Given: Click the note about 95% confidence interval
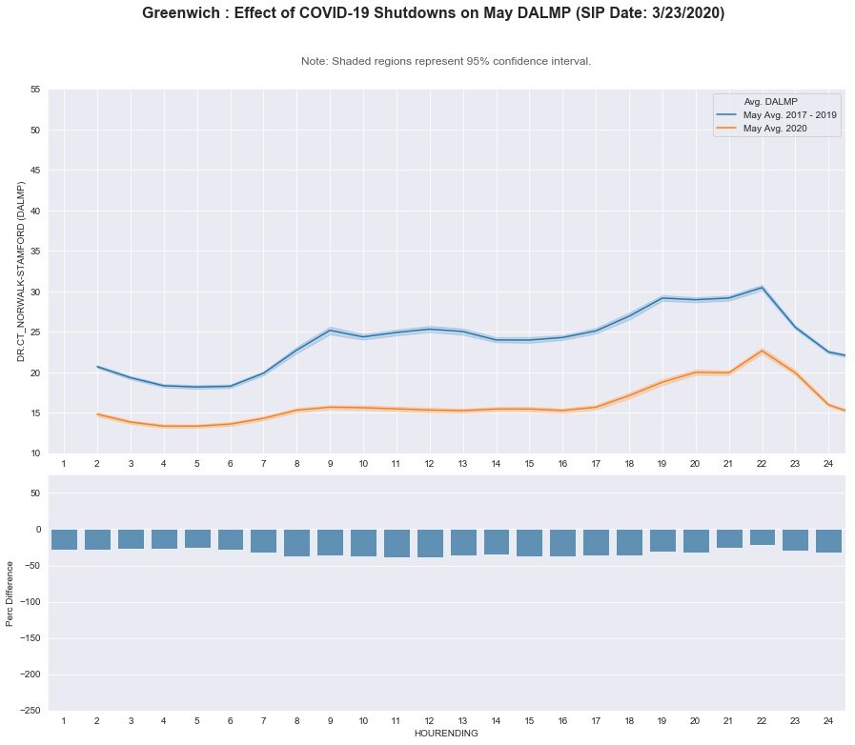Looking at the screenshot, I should (x=446, y=61).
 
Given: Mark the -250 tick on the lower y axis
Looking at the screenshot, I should (x=31, y=711).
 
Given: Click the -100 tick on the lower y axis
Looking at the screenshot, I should (x=31, y=602).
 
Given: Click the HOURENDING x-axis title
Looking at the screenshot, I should (x=446, y=735).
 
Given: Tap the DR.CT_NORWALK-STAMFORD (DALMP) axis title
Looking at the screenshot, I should (x=21, y=271).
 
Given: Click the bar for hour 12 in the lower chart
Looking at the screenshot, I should (x=430, y=543).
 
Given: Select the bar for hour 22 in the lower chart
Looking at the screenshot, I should (x=763, y=537).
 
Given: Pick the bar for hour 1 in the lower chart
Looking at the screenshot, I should (x=64, y=539).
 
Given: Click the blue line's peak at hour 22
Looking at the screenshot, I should (x=763, y=287).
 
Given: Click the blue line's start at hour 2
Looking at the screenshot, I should (x=97, y=367).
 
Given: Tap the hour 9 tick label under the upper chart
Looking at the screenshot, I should (x=330, y=463).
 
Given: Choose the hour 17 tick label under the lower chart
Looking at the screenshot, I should (x=596, y=722).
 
